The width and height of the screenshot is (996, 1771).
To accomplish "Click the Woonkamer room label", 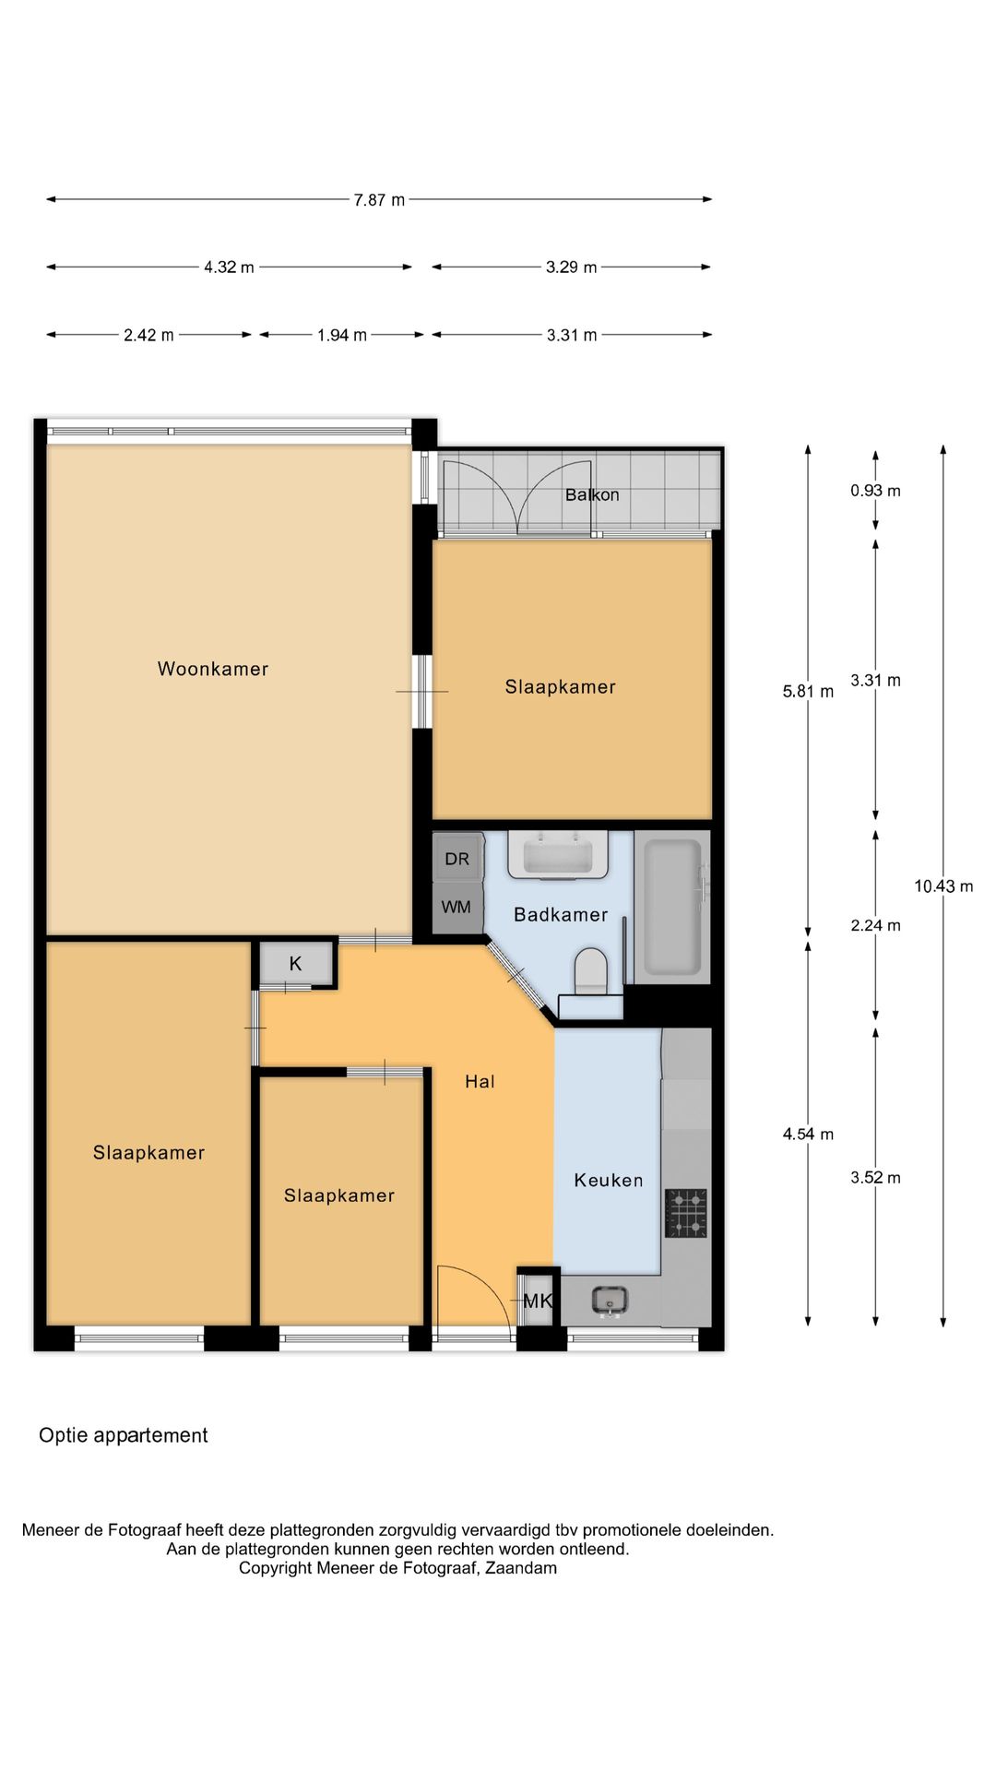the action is pos(213,669).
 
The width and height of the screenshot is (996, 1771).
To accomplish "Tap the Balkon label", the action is pos(592,494).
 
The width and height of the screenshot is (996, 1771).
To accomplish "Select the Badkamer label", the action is pos(561,914).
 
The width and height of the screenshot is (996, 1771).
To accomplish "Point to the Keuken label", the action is pos(609,1180).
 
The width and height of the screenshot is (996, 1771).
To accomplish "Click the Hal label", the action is pos(480,1081).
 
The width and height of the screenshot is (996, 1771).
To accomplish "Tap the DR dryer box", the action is pos(457,859).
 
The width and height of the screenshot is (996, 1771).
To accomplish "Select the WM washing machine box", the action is pos(456,908).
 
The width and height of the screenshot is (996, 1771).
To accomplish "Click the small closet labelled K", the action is pos(295,964).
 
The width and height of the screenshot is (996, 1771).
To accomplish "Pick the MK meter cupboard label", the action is pos(538,1301).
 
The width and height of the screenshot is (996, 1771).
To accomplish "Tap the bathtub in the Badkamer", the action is pos(672,908).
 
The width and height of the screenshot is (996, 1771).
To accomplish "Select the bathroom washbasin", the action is pos(557,854).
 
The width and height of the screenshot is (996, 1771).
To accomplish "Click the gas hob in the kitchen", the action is pos(686,1212).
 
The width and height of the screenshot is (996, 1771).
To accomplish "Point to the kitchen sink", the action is pos(610,1301).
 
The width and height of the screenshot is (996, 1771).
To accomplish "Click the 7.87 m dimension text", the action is pos(379,200).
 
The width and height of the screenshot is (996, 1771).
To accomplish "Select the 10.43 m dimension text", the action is pos(943,886).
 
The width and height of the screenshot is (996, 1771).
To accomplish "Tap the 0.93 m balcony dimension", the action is pos(875,491).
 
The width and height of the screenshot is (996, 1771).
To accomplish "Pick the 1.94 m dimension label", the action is pos(342,336).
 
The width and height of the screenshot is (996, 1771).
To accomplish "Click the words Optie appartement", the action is pos(124,1435).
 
